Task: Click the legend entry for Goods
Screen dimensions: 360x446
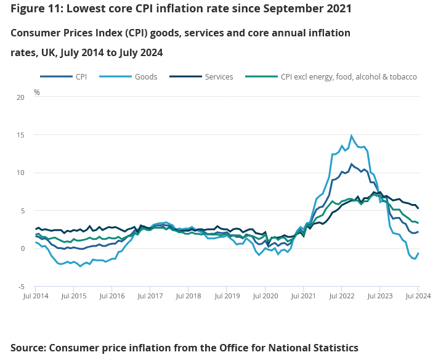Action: tap(145, 77)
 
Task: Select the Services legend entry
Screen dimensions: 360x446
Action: tap(219, 77)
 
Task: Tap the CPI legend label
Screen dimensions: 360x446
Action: tap(81, 77)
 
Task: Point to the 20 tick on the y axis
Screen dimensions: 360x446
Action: tap(21, 97)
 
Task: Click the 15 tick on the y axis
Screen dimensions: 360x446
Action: tap(21, 135)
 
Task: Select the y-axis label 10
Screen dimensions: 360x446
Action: tap(21, 173)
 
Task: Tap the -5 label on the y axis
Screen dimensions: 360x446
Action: tap(21, 287)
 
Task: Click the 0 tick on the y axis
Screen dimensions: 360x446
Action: tap(23, 249)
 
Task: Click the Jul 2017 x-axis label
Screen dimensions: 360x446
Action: tap(150, 297)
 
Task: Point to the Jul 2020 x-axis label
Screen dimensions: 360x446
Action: tap(265, 297)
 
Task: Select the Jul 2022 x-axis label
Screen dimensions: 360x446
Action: tap(341, 297)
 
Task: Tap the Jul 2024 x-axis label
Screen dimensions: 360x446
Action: tap(418, 297)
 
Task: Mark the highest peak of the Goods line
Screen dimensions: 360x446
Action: tap(352, 136)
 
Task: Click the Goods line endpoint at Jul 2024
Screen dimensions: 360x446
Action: tap(418, 253)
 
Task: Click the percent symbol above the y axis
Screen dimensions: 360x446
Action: tap(36, 92)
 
